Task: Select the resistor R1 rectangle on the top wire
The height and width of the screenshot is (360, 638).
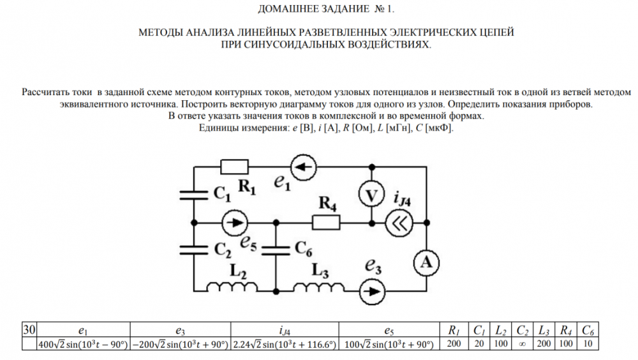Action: coord(234,167)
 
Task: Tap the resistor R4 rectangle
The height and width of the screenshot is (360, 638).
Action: coord(325,222)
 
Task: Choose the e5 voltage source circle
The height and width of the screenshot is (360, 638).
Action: coord(234,222)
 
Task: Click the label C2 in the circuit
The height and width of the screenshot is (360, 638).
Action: coord(222,249)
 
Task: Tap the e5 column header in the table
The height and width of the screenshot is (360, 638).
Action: coord(389,330)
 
